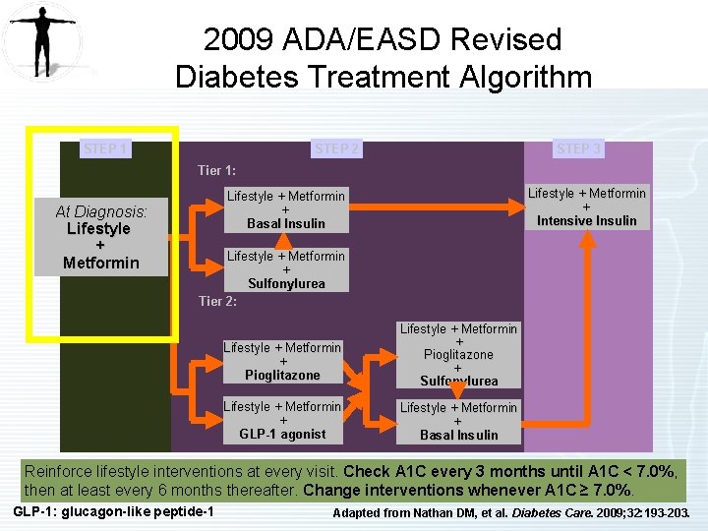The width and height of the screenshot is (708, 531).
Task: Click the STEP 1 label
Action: coord(105,148)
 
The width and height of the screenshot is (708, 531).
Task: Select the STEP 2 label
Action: coord(336,148)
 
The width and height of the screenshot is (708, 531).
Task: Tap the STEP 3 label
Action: coord(578,148)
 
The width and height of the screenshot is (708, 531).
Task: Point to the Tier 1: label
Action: coord(216,171)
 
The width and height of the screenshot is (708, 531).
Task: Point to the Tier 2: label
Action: coord(217,301)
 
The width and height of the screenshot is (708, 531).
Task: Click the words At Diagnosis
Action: coord(100,211)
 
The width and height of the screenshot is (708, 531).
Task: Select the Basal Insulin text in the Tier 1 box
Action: coord(286,223)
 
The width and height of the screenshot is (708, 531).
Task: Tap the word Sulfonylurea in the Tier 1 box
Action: coord(286,283)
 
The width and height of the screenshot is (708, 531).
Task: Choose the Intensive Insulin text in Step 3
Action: coord(586,220)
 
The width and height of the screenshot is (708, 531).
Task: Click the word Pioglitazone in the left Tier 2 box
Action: coord(282,375)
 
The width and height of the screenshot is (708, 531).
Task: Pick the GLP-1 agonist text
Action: coord(282,434)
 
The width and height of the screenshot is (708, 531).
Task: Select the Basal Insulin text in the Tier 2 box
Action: coord(458,435)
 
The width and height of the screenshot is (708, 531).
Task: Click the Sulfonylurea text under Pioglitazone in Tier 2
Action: coord(458,381)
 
